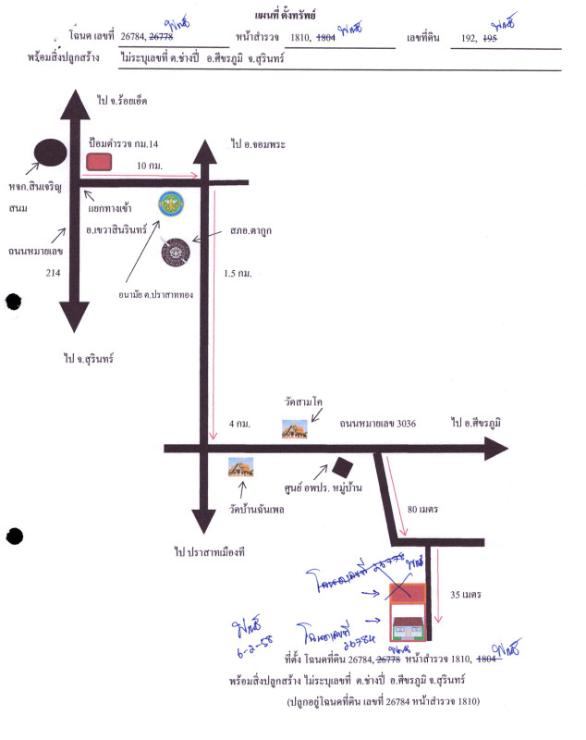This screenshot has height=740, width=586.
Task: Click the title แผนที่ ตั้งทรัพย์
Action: click(292, 17)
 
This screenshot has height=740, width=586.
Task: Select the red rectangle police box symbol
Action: click(99, 162)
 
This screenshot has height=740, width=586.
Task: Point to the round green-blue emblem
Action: click(170, 204)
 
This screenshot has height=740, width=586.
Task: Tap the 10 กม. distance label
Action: click(149, 165)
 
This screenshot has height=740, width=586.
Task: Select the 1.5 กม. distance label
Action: click(238, 274)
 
